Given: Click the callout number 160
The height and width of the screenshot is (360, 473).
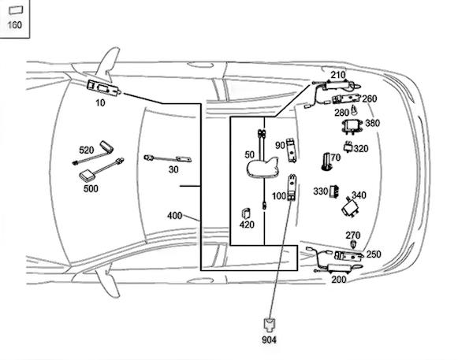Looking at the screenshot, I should [x=15, y=25].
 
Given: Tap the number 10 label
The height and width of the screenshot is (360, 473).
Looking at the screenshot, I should [x=100, y=102].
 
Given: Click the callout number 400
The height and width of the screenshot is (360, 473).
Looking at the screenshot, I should [x=174, y=216].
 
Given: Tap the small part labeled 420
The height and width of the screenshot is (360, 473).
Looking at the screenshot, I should [x=246, y=213].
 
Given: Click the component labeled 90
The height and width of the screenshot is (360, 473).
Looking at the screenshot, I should [x=292, y=147].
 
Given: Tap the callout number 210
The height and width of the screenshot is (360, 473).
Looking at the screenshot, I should [x=337, y=76].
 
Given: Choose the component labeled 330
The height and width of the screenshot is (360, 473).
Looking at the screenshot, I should [x=333, y=191].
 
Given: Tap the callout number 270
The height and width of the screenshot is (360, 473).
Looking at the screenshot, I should [x=352, y=235].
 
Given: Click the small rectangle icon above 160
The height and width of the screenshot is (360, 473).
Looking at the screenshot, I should [x=15, y=9].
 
